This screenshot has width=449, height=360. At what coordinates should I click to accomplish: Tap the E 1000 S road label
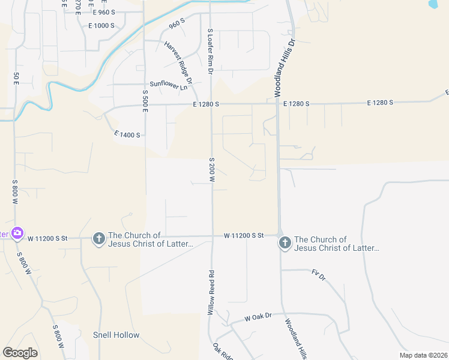(101, 26)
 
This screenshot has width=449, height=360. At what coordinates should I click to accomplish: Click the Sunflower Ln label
(169, 85)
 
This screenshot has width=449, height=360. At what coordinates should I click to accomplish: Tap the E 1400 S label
(127, 135)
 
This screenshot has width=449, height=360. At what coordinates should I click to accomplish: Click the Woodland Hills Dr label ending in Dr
(285, 69)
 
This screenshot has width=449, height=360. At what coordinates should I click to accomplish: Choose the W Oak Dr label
(258, 316)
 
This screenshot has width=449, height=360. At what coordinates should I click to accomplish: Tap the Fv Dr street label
(318, 275)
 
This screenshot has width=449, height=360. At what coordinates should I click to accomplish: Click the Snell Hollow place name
(116, 335)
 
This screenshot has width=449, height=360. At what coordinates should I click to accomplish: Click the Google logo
(20, 353)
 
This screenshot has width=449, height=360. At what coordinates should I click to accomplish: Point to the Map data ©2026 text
(423, 355)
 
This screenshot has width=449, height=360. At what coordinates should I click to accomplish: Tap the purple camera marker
(17, 233)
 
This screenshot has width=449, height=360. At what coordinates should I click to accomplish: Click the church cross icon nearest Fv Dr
(285, 243)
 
